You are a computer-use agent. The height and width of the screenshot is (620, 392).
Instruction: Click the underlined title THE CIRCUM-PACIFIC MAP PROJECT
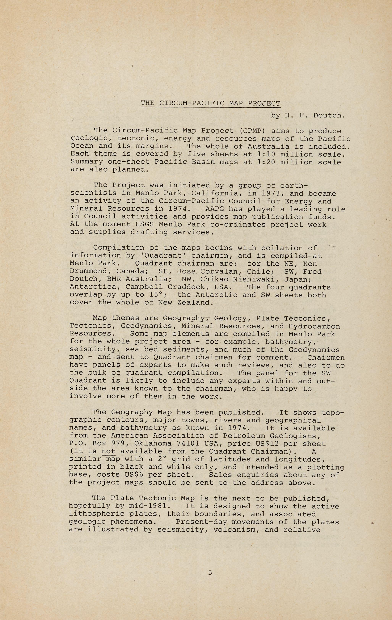click(210, 103)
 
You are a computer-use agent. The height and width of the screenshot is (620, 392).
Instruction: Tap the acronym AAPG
click(214, 209)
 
